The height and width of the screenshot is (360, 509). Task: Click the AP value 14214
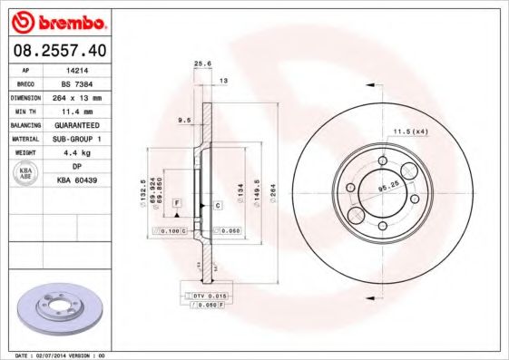point(77,68)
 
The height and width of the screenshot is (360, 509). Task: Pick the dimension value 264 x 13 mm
point(77,96)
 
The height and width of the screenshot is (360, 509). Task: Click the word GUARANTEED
point(77,124)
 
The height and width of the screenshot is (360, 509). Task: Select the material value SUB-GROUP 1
point(77,139)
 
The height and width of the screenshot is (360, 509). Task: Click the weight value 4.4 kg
point(77,152)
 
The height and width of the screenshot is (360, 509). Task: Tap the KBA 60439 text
point(77,181)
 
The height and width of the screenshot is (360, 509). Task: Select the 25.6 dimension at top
point(203,63)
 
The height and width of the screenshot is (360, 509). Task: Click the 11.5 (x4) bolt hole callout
point(410,132)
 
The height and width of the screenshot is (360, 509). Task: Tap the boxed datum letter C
point(218,206)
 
